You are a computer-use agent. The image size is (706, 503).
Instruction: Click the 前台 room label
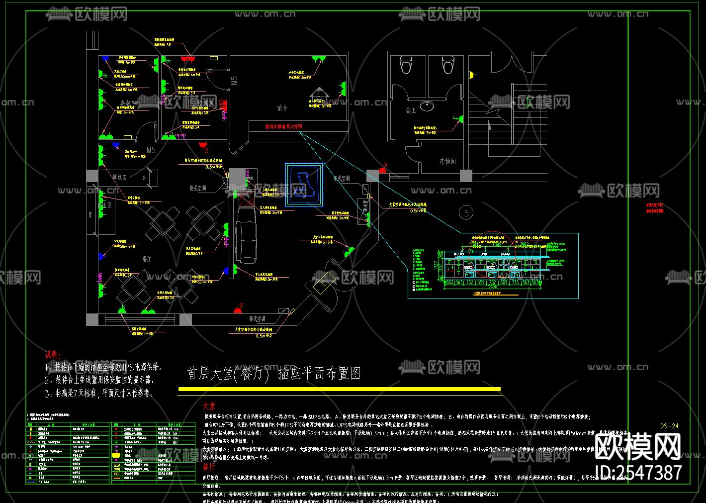282,107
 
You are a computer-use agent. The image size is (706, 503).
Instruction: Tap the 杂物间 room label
447,161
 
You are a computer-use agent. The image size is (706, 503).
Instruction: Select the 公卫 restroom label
411,110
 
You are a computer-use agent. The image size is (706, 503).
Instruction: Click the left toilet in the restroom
406,65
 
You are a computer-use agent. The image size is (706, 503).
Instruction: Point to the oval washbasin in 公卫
427,105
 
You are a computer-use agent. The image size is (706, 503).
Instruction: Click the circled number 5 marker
466,213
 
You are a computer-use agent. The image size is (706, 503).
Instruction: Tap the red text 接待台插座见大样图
283,127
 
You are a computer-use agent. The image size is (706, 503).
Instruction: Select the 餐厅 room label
147,259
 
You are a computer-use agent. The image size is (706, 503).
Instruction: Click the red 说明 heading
53,355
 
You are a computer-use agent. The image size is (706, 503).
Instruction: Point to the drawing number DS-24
669,426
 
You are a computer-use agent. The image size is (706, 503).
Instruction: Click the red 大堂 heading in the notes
209,406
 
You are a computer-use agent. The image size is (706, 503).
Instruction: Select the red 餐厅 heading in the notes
209,467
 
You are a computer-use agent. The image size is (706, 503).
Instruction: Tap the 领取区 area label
119,177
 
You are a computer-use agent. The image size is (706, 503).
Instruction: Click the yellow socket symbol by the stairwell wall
471,76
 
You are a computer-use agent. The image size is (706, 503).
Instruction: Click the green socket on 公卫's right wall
461,119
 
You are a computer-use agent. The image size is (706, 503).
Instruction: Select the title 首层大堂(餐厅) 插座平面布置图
273,373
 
